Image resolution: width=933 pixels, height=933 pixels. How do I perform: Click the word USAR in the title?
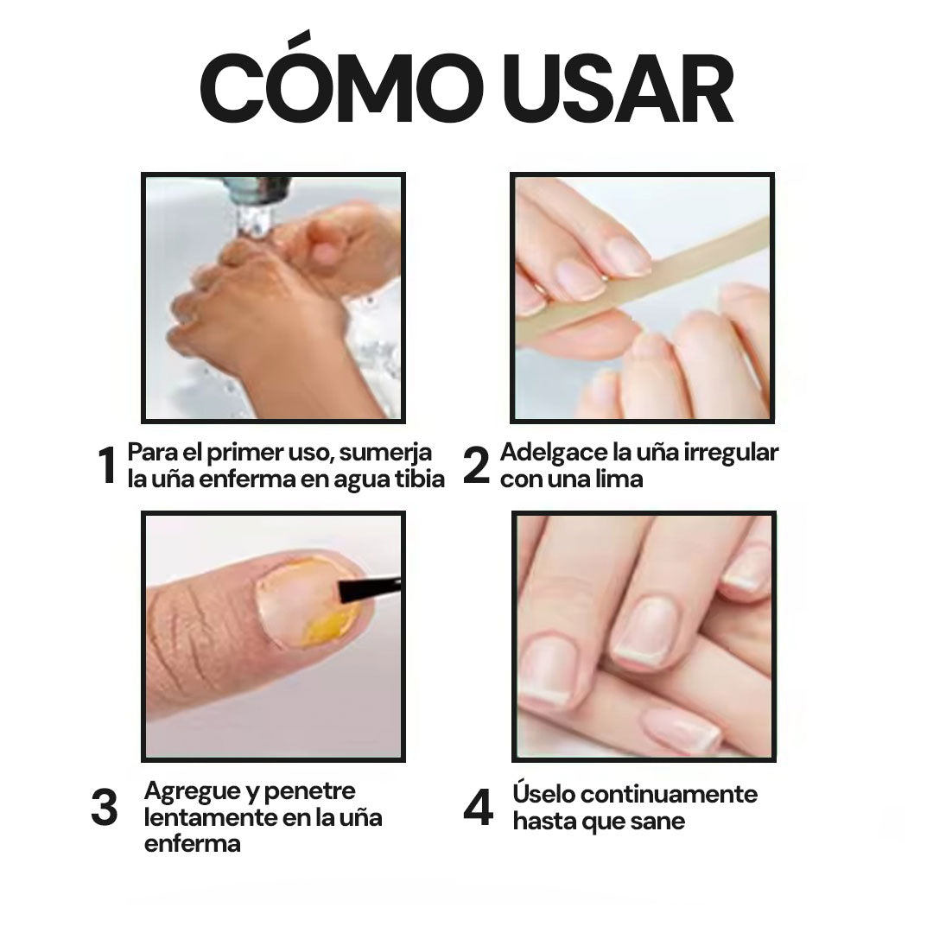(619, 89)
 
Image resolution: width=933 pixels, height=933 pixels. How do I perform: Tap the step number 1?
(107, 465)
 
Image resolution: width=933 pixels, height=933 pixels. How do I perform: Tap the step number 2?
(476, 465)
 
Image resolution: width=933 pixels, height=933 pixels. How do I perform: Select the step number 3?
(105, 807)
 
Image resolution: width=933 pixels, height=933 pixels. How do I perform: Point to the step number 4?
(479, 807)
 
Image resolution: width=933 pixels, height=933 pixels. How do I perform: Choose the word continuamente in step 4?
(667, 795)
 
